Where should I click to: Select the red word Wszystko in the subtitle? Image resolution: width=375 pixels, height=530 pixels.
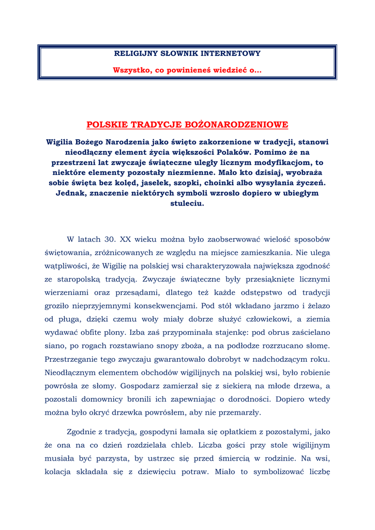[130, 70]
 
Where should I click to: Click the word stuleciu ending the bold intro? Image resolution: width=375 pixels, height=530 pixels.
[187, 203]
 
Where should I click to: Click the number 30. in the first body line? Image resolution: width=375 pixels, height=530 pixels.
[110, 240]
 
